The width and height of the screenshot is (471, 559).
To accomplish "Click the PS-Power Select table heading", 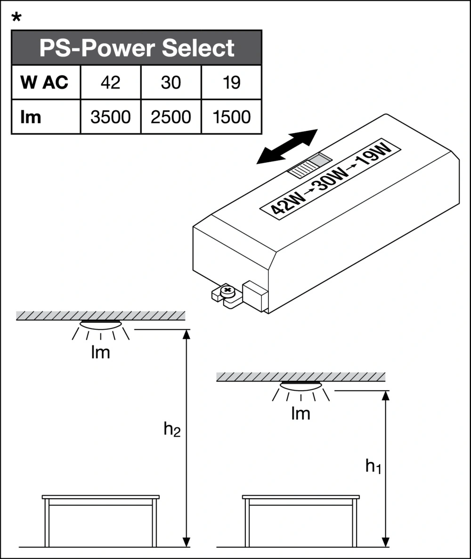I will pos(136,48).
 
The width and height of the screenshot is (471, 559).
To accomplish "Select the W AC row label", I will pos(45,82).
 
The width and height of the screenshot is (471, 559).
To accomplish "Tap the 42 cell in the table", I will pos(110,82).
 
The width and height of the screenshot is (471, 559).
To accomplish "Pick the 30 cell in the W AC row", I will pos(171,82).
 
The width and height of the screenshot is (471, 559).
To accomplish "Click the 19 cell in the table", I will pos(231,82).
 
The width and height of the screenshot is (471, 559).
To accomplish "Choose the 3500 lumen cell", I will pos(110,116).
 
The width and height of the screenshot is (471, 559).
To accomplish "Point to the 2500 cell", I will pos(171,116).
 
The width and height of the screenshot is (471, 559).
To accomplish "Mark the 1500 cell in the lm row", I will pos(231,116).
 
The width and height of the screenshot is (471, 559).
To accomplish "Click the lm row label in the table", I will pos(31,116).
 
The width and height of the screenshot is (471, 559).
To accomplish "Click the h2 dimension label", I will pos(172,430).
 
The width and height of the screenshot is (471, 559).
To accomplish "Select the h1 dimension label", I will pos(373,467).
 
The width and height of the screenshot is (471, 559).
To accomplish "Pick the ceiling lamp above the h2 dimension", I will pos(100,324).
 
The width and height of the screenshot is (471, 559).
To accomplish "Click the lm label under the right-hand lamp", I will pos(300,413).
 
